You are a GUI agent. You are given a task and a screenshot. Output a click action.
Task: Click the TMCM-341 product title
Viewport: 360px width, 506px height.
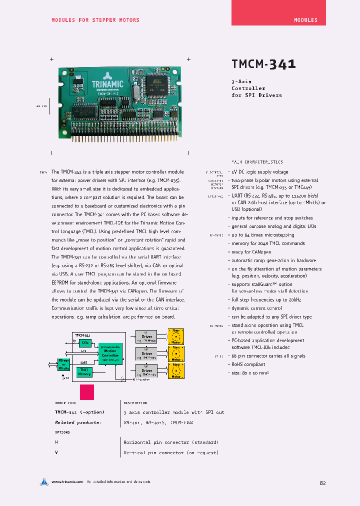[263, 64]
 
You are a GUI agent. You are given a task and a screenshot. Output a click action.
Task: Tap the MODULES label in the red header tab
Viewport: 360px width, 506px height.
[305, 20]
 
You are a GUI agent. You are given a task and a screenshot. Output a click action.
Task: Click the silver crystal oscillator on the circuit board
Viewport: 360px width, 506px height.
[135, 93]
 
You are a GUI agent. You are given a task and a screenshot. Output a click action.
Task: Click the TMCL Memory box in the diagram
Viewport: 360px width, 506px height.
[84, 371]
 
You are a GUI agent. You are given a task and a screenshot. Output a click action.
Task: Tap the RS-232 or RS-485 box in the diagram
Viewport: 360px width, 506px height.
[63, 364]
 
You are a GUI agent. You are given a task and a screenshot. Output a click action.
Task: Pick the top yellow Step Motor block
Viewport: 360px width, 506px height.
[176, 336]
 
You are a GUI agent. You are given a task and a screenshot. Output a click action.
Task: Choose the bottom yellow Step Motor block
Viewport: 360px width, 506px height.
[176, 370]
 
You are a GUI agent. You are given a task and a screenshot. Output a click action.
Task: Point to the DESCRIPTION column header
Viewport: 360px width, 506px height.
[135, 403]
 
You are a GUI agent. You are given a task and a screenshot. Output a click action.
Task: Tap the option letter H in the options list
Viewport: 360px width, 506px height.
[56, 442]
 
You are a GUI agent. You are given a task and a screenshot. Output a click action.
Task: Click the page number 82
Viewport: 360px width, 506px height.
[322, 483]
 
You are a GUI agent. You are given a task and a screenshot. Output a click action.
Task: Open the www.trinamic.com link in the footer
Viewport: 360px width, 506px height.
[67, 481]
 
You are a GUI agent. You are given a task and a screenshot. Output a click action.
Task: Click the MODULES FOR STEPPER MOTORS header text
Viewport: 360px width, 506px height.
[95, 20]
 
